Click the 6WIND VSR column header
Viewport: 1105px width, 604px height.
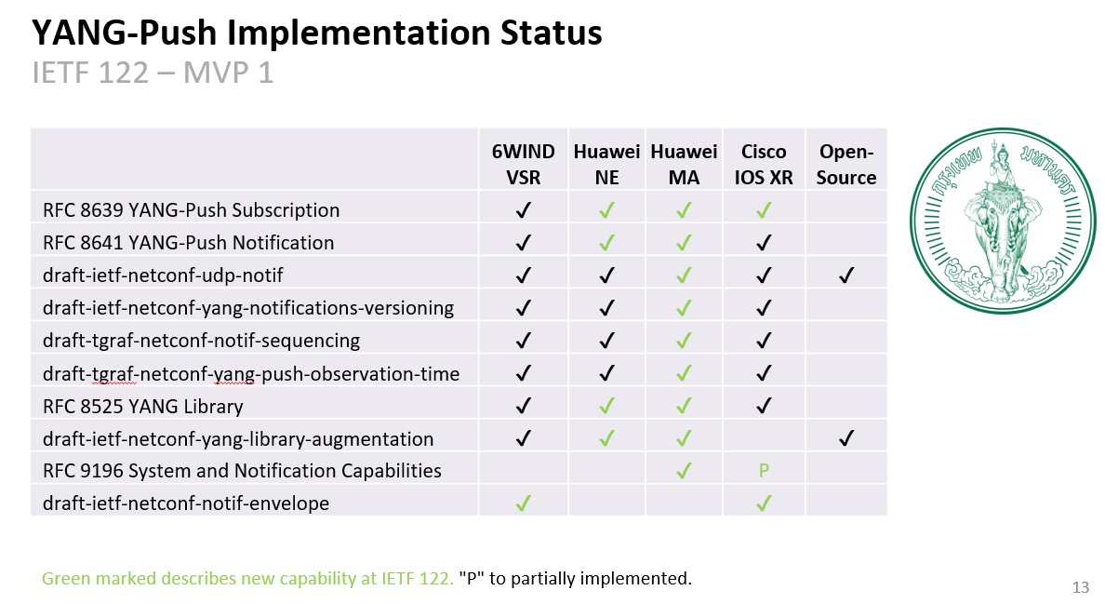[x=523, y=164]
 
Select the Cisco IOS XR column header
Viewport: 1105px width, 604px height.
[x=764, y=164]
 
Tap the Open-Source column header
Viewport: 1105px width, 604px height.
[x=845, y=164]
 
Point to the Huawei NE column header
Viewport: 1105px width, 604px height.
[x=606, y=164]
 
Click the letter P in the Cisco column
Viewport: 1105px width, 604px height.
[x=764, y=471]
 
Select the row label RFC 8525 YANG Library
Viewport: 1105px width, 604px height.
[x=143, y=407]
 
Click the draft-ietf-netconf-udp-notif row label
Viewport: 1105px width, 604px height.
[x=163, y=275]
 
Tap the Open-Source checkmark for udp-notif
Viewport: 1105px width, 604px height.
[x=846, y=275]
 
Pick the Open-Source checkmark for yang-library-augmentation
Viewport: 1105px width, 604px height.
[x=846, y=439]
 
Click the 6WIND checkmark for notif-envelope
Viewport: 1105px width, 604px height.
[x=523, y=503]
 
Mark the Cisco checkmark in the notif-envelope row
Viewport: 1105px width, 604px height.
[x=764, y=503]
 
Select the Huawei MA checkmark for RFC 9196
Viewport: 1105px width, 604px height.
[x=684, y=471]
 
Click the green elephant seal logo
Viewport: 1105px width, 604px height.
[x=1003, y=221]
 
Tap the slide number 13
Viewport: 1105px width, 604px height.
[x=1080, y=587]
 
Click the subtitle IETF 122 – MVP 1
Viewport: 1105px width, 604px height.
[x=153, y=74]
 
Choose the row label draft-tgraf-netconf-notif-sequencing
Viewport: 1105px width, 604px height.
[x=202, y=342]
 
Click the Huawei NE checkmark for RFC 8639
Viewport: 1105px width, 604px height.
[x=606, y=210]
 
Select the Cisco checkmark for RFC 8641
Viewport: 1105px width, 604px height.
[x=764, y=243]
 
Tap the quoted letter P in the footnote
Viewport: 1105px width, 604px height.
[x=473, y=579]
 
